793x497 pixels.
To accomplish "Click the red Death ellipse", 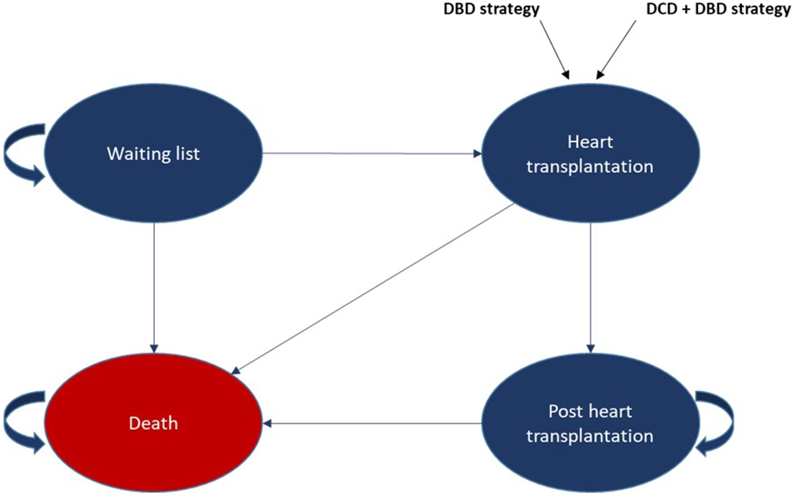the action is (x=153, y=422).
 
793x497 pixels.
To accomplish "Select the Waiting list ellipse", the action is (x=153, y=153).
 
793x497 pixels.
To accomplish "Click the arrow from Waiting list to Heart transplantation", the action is (x=371, y=153).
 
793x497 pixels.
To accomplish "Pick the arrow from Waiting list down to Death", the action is (x=154, y=288).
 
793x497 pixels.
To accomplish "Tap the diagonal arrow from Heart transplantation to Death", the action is (x=373, y=289).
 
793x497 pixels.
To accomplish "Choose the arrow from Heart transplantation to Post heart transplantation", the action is (x=591, y=288).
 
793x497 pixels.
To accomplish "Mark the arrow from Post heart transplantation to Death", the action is (x=373, y=423).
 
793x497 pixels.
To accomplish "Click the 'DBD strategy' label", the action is (x=491, y=10).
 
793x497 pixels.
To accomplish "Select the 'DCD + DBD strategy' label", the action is (x=718, y=10).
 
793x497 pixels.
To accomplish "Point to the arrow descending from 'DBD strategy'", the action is (x=555, y=49).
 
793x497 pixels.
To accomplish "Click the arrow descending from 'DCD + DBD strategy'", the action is (x=616, y=49).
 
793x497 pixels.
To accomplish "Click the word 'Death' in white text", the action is (x=153, y=423).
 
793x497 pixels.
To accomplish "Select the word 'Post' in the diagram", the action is (x=565, y=411).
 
